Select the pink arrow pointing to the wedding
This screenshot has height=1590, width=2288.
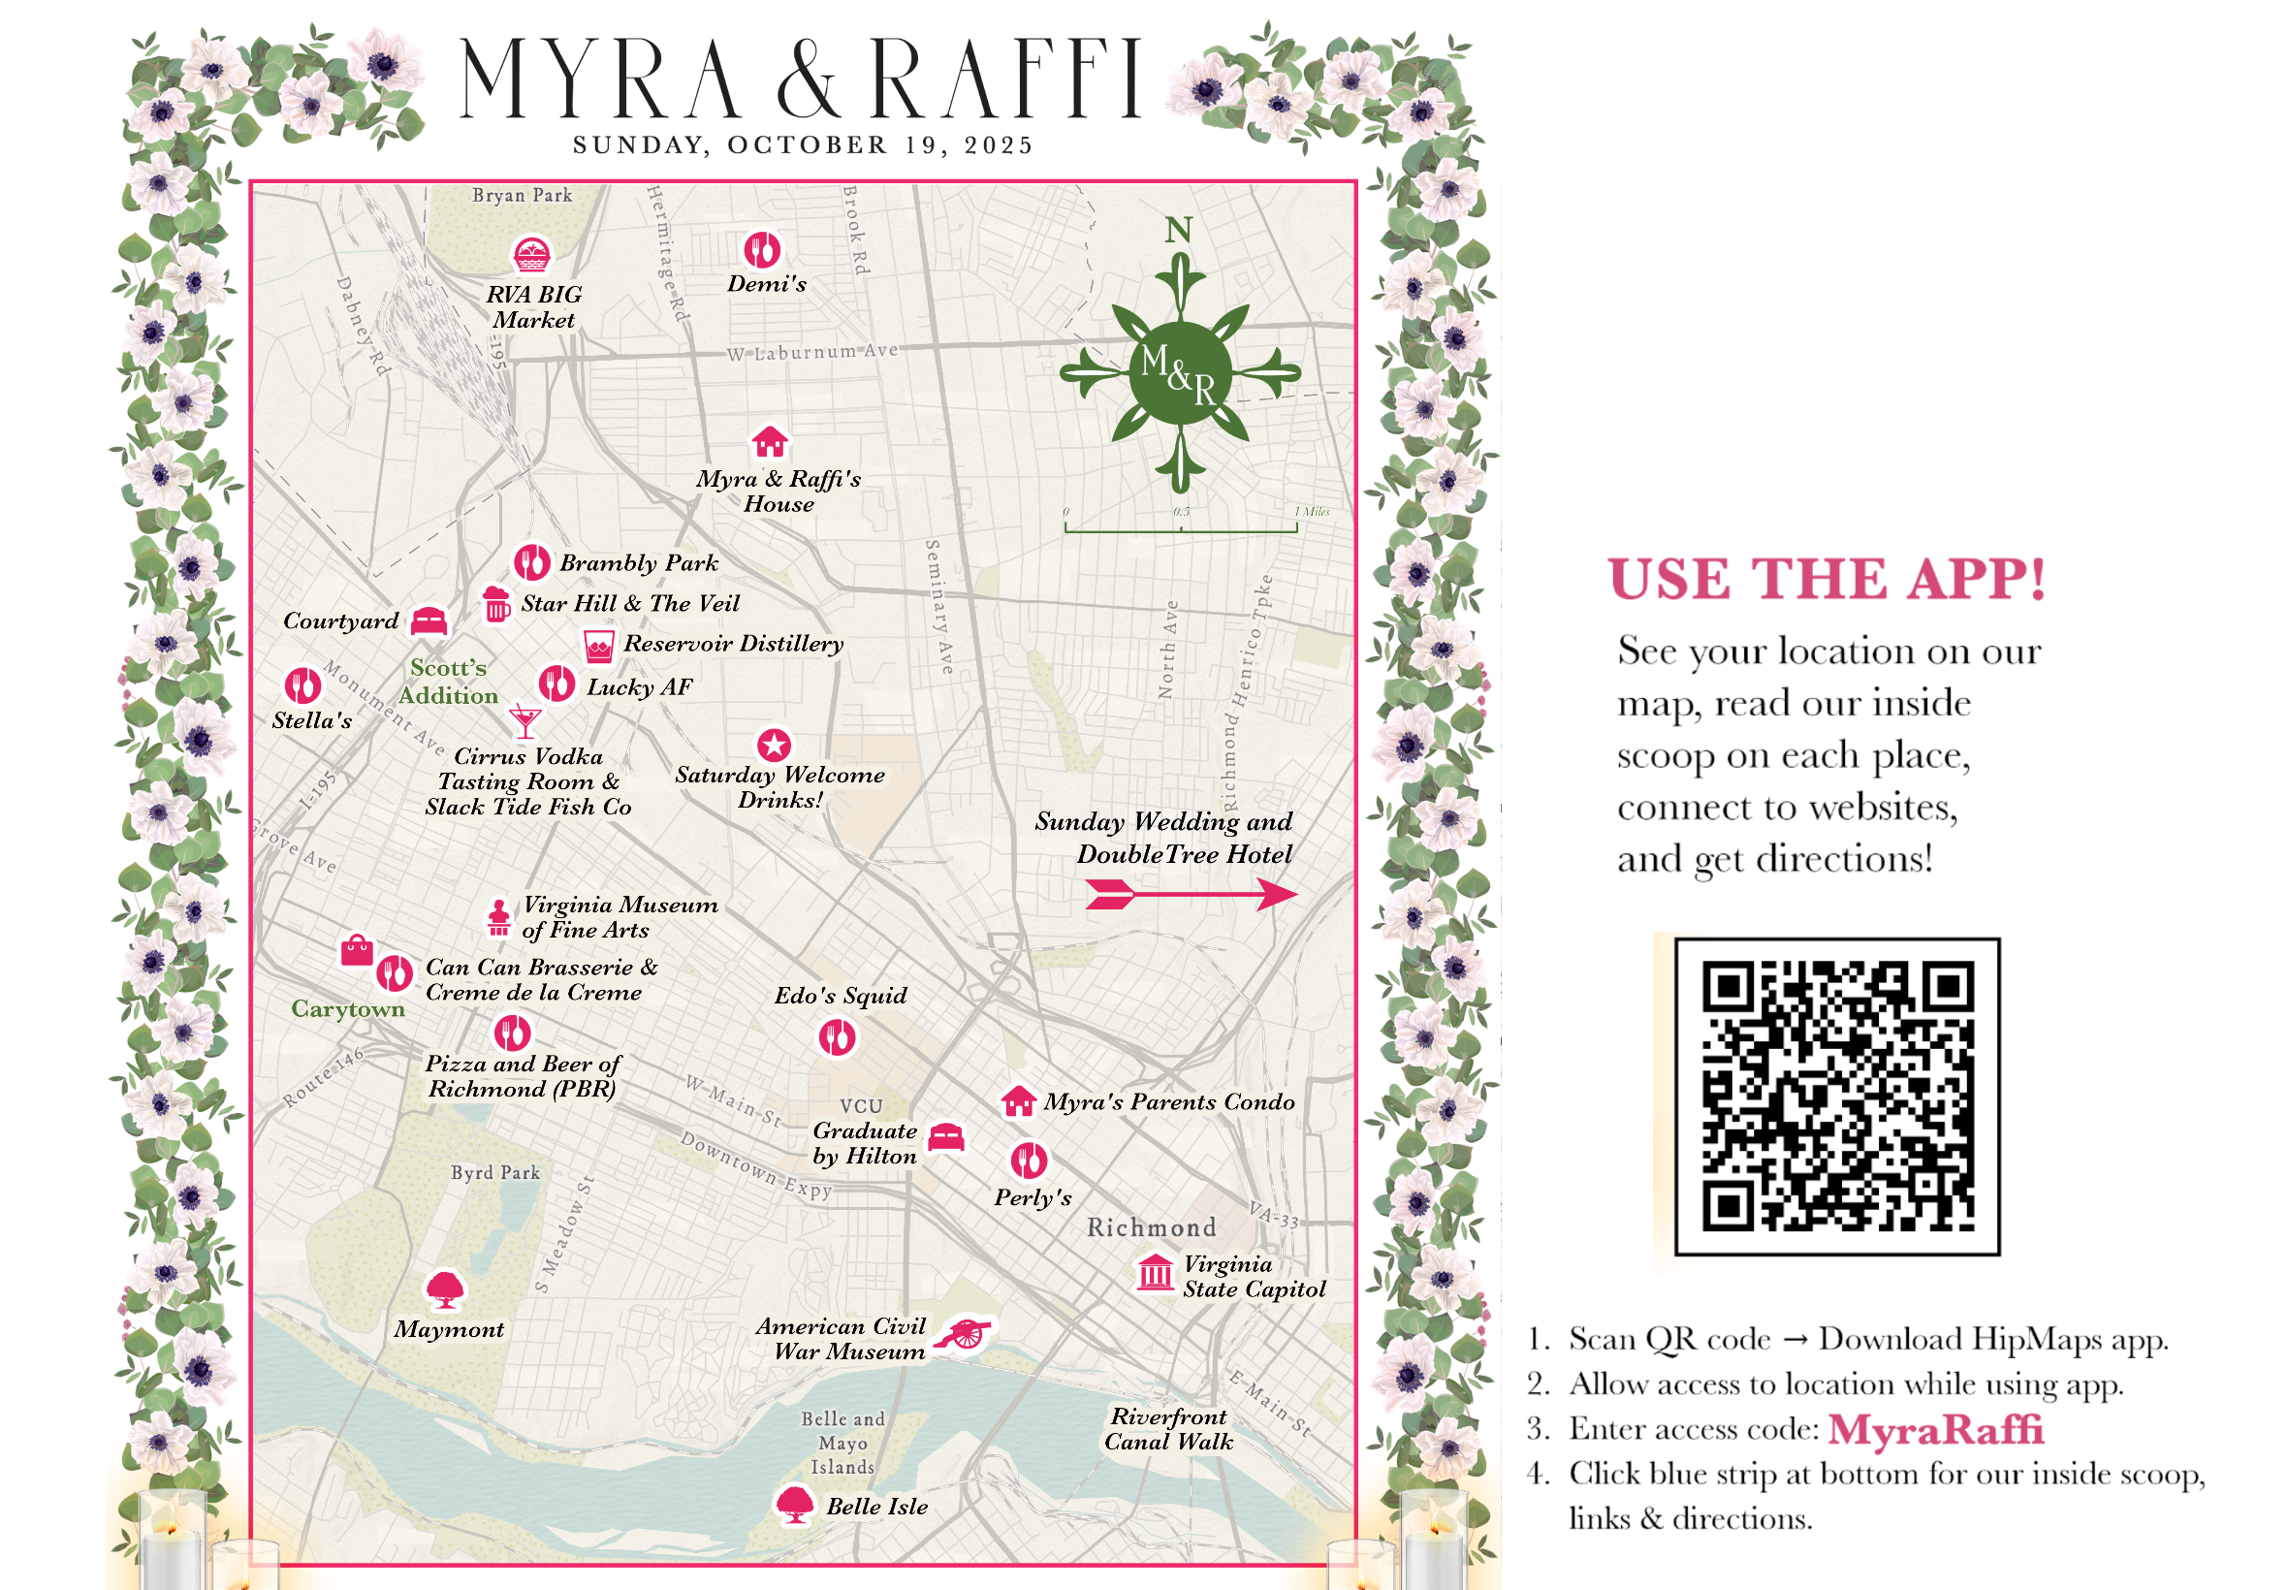tap(1190, 894)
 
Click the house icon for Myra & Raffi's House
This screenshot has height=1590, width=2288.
tap(769, 440)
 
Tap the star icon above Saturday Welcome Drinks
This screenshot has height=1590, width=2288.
tap(774, 744)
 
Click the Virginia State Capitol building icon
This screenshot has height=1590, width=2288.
tap(1155, 1272)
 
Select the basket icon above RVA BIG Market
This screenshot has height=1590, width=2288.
tap(531, 255)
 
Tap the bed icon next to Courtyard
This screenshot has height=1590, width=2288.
tap(429, 620)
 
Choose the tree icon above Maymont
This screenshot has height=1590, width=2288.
tap(444, 1289)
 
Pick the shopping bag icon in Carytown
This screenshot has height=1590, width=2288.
tap(357, 950)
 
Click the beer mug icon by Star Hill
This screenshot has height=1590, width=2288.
tap(496, 603)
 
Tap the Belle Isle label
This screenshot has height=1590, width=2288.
tap(876, 1506)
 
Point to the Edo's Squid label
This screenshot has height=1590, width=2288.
tap(841, 996)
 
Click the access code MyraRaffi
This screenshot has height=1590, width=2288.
tap(1934, 1429)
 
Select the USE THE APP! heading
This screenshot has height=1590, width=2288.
tap(1826, 579)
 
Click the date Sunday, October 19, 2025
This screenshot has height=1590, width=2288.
tap(803, 145)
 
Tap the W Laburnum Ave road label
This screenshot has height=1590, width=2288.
tap(812, 352)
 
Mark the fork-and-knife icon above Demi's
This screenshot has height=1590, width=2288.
tap(762, 250)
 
